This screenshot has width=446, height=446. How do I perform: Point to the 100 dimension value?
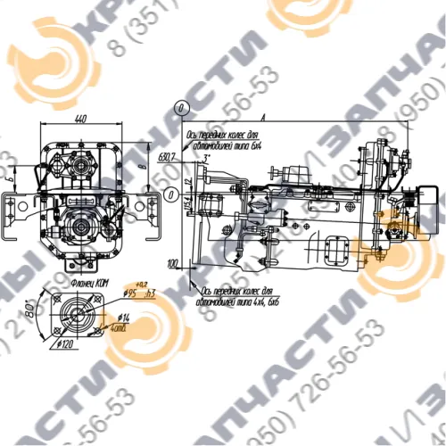tap(173, 263)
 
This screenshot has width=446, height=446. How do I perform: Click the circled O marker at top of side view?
tap(181, 106)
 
